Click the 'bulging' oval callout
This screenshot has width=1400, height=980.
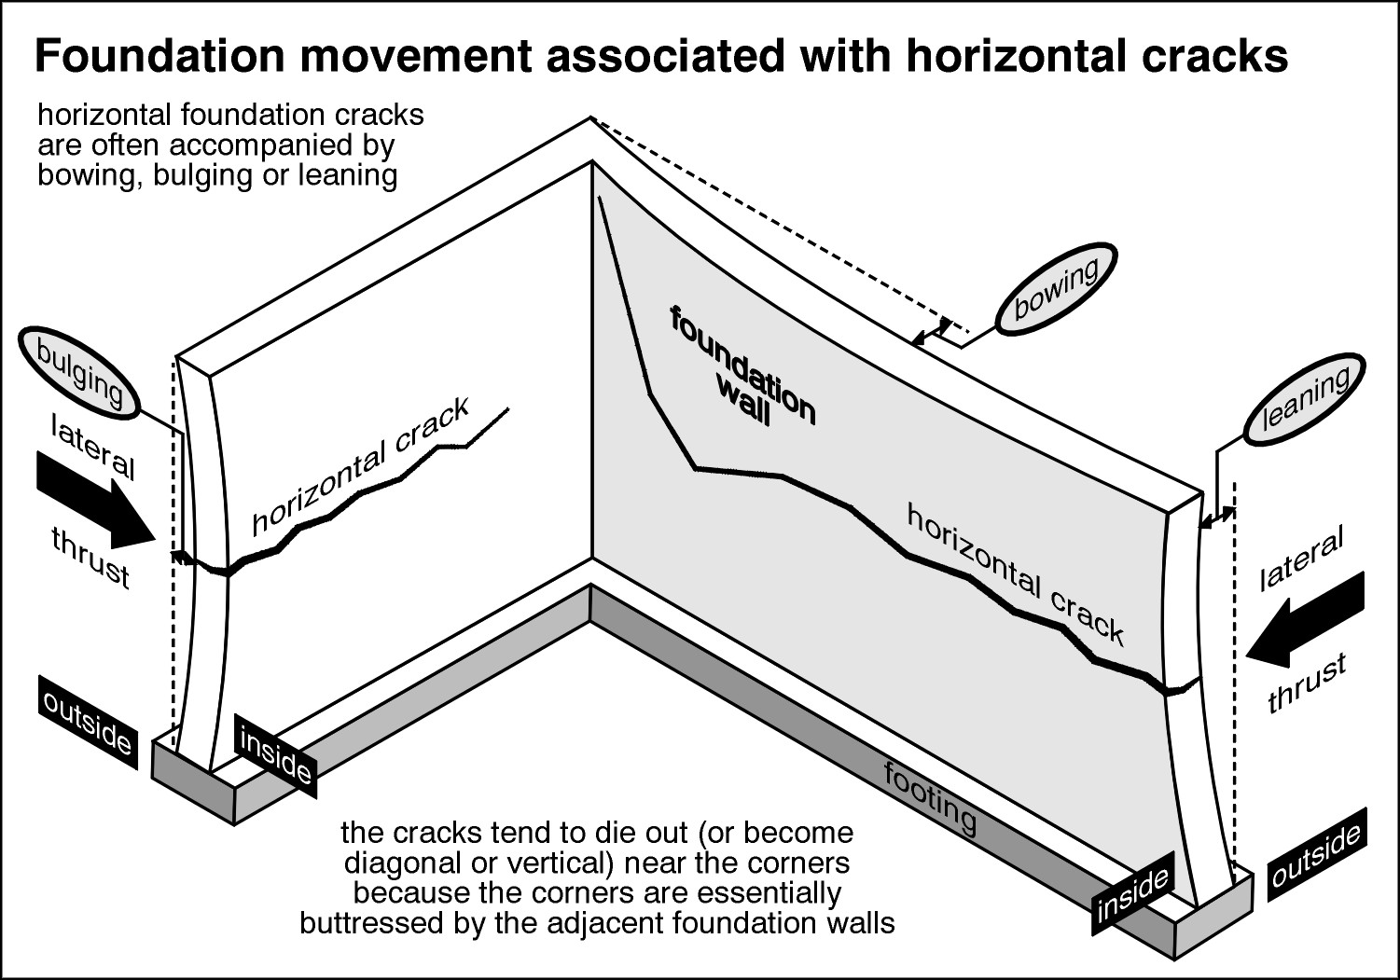point(78,373)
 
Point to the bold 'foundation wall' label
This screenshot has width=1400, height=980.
point(742,367)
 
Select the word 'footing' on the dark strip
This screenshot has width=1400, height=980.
point(930,798)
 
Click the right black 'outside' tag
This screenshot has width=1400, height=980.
point(1316,857)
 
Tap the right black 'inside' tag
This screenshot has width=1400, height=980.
point(1132,897)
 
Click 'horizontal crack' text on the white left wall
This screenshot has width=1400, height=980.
point(360,467)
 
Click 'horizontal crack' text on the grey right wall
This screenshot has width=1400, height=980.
point(1015,573)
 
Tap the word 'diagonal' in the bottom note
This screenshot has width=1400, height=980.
point(398,861)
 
